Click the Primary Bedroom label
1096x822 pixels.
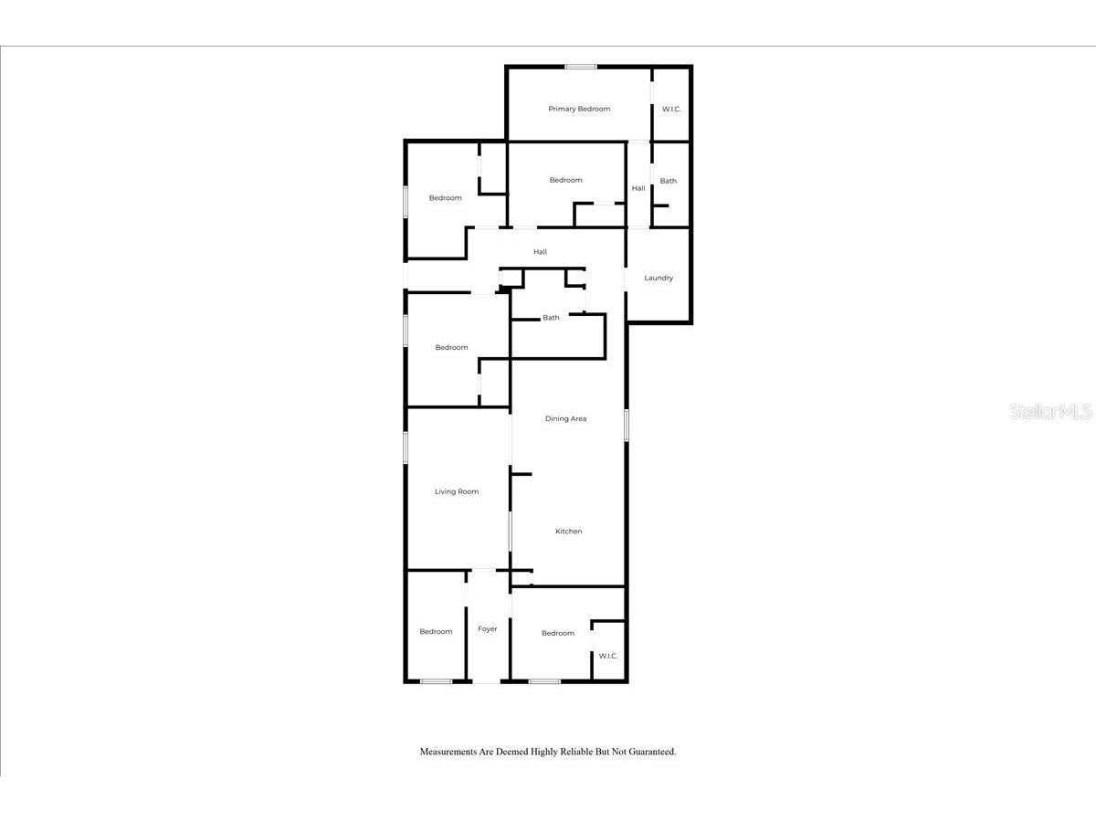pyautogui.click(x=579, y=109)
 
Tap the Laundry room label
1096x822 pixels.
pyautogui.click(x=659, y=278)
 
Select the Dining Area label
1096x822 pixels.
pyautogui.click(x=565, y=418)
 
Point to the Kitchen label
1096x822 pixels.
pyautogui.click(x=568, y=532)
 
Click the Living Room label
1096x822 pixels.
pyautogui.click(x=456, y=491)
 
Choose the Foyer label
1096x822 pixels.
pyautogui.click(x=488, y=628)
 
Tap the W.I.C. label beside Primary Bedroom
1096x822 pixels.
pyautogui.click(x=671, y=110)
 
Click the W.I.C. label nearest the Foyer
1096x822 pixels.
pyautogui.click(x=608, y=656)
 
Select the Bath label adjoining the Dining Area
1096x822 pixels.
pyautogui.click(x=551, y=318)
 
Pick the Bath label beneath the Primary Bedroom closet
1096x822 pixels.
pyautogui.click(x=669, y=181)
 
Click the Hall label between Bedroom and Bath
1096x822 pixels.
pyautogui.click(x=638, y=188)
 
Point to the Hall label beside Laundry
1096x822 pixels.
pyautogui.click(x=541, y=251)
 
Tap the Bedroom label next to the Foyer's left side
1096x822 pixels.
pyautogui.click(x=436, y=631)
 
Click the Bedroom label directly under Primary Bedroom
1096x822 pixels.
pyautogui.click(x=565, y=180)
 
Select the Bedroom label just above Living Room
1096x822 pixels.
pyautogui.click(x=451, y=347)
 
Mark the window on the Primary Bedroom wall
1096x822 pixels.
pyautogui.click(x=581, y=67)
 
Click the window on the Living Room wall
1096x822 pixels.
pyautogui.click(x=406, y=448)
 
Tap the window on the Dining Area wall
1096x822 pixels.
pyautogui.click(x=627, y=426)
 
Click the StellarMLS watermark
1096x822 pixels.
pyautogui.click(x=1050, y=412)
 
